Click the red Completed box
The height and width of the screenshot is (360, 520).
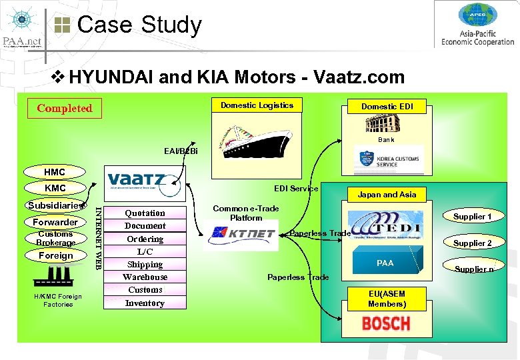pos(64,108)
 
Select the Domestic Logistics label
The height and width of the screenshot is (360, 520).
pos(257,105)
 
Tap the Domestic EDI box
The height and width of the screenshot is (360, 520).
pos(387,107)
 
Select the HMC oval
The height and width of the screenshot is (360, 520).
pos(55,172)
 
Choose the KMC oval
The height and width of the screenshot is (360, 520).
pos(55,188)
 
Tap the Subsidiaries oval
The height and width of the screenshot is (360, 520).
pos(55,205)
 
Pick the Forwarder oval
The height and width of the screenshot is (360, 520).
pos(55,222)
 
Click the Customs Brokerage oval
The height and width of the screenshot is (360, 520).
pos(55,238)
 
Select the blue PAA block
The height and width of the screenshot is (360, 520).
pos(385,263)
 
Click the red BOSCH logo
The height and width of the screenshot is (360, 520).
pos(386,324)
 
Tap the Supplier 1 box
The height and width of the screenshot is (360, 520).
pos(472,217)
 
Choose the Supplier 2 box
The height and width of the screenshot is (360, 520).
pos(472,243)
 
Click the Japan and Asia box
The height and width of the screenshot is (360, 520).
pos(387,195)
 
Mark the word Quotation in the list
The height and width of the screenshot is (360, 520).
pos(145,213)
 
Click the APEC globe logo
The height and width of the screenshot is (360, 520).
pos(477,15)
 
